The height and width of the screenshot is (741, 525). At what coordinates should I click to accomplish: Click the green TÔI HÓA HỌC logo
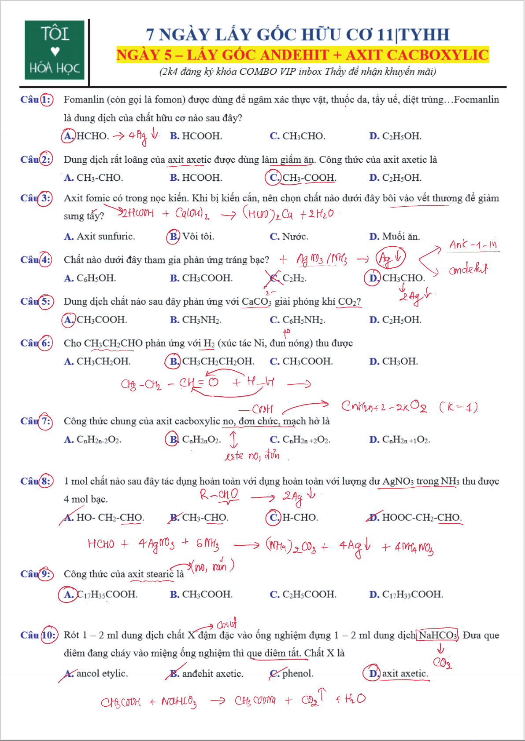[54, 50]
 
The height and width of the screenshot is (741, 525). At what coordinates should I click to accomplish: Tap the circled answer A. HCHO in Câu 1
[85, 136]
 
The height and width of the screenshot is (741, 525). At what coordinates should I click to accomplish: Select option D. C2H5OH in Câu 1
[395, 136]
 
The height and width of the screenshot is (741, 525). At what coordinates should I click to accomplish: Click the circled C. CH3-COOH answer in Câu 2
[301, 178]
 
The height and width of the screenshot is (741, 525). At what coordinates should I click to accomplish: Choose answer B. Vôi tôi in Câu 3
[190, 237]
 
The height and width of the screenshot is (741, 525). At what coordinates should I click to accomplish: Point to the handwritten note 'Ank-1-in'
[473, 245]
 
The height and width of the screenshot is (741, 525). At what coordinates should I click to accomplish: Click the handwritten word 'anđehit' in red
[468, 269]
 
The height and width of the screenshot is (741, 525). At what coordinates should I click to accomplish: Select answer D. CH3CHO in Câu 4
[395, 278]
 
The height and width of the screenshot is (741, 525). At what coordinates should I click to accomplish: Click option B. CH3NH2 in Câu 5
[196, 320]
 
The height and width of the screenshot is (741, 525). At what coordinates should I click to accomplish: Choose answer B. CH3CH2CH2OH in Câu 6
[210, 361]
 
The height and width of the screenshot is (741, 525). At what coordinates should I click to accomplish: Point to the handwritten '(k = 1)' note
[458, 407]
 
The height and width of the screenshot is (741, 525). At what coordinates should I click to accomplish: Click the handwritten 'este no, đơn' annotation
[252, 456]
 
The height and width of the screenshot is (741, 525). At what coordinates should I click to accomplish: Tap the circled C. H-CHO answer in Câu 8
[292, 518]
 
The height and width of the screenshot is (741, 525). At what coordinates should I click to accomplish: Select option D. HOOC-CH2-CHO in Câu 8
[414, 518]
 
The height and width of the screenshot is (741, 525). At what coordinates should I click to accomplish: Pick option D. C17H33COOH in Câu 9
[406, 595]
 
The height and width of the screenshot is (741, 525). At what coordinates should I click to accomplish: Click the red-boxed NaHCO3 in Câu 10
[437, 635]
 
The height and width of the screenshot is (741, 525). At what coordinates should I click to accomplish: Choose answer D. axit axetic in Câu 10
[396, 673]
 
